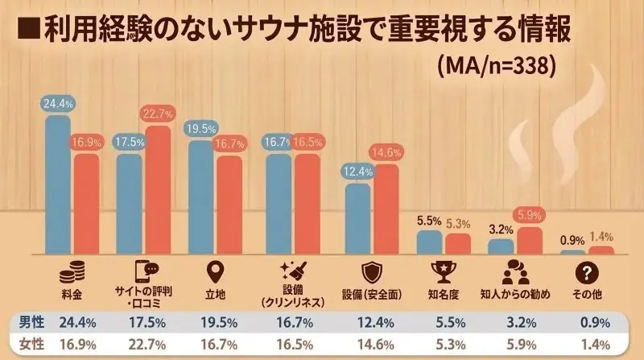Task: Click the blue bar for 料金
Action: [59, 185]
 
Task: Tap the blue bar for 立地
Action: [201, 197]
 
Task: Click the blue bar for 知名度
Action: [430, 242]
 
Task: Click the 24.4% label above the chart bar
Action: [59, 103]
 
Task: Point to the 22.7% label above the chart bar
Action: [158, 114]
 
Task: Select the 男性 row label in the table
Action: [32, 323]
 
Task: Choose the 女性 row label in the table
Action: [32, 345]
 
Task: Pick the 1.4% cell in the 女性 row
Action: [590, 345]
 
